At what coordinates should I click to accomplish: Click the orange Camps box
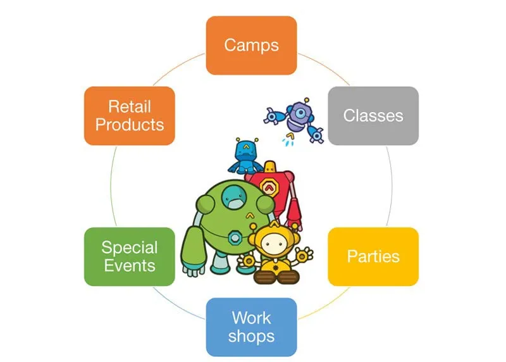coord(251,45)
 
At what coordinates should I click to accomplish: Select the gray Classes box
coord(373,115)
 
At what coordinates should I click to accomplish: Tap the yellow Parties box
coord(373,256)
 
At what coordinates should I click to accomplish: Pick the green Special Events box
coord(130,256)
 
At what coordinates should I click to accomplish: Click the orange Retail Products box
coord(130,115)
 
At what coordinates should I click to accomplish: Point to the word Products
coord(130,124)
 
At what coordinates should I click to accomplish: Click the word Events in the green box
coord(130,265)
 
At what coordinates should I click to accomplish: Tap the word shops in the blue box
coord(251,335)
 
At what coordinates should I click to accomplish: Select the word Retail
coord(130,106)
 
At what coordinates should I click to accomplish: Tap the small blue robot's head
coord(248,151)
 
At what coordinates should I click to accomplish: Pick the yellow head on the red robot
coord(270,168)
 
